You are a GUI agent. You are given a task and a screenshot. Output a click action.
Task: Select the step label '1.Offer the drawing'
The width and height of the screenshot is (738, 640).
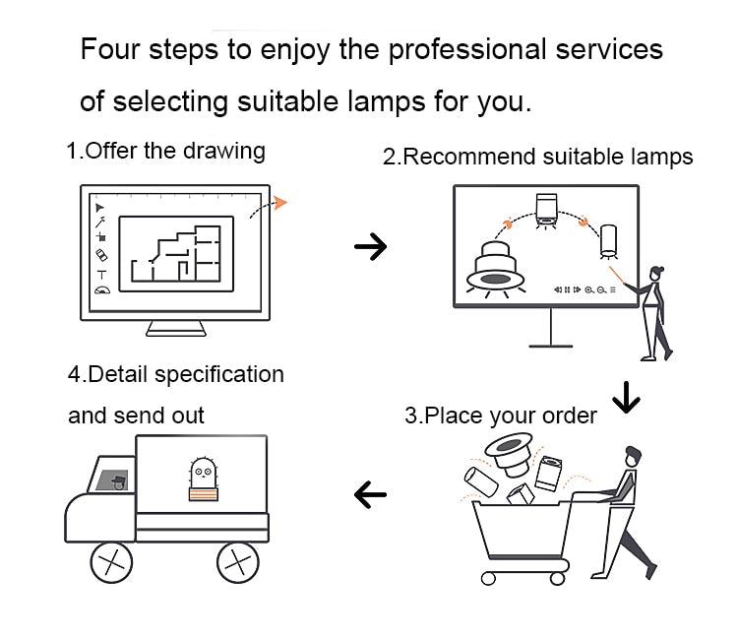(166, 151)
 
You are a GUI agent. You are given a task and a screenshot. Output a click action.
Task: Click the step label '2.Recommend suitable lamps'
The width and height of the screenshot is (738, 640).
(537, 157)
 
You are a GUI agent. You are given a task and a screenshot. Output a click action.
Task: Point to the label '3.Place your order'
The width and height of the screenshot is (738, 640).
(501, 416)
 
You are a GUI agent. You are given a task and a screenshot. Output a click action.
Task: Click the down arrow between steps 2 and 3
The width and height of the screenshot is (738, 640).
(626, 396)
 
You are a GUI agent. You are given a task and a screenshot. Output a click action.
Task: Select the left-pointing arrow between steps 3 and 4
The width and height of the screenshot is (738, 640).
(370, 494)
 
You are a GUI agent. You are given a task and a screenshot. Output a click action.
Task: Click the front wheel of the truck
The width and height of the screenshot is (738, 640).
(111, 563)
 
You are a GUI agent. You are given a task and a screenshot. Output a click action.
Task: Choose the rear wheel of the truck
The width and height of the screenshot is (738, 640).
(237, 563)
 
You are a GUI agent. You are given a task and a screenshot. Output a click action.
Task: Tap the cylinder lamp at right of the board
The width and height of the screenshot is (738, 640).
(610, 241)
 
